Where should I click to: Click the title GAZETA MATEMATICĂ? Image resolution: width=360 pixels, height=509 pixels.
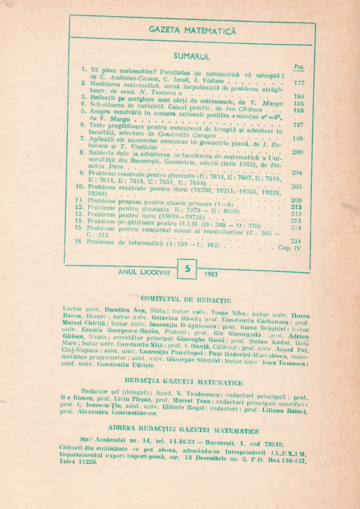(x=192, y=31)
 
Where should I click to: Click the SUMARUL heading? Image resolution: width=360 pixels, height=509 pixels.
(x=192, y=56)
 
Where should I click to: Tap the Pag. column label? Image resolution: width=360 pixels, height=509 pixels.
(x=299, y=67)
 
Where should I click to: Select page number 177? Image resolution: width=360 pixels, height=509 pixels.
(x=298, y=83)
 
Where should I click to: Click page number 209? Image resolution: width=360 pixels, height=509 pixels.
(x=297, y=200)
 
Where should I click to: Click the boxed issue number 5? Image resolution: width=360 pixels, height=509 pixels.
(x=187, y=269)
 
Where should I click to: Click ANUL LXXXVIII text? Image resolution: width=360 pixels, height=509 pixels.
(x=141, y=271)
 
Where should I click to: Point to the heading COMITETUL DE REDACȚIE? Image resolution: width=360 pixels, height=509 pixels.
(x=186, y=299)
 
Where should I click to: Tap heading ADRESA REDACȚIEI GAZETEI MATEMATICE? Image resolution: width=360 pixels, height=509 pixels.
(x=184, y=431)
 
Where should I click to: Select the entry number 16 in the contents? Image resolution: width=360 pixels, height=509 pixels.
(x=79, y=241)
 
